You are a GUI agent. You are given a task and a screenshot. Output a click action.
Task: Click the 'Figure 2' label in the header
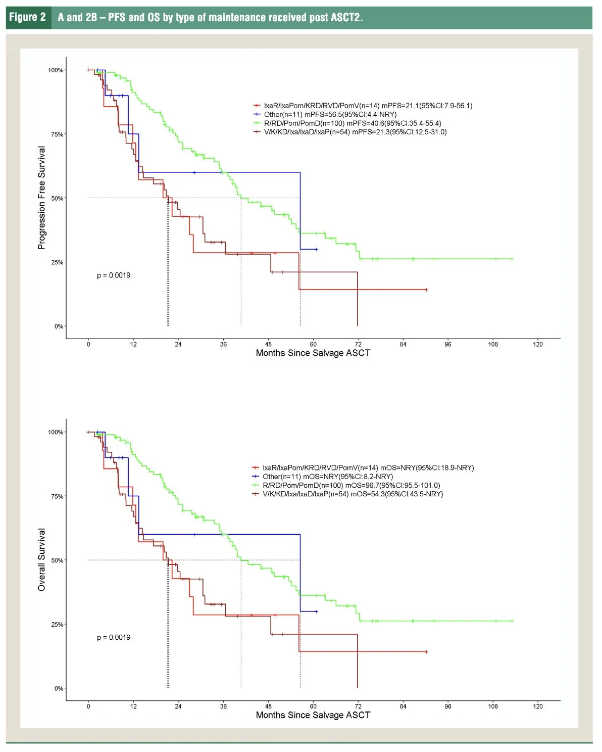[x=27, y=17]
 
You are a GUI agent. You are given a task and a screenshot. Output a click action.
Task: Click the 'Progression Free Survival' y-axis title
[x=42, y=198]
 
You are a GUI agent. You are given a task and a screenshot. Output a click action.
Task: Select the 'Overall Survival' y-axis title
[x=42, y=559]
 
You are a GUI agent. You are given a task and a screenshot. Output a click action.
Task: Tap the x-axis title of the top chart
[x=313, y=353]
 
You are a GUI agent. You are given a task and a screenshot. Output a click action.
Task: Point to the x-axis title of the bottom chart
[x=313, y=715]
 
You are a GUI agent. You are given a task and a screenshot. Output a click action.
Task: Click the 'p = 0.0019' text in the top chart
[x=114, y=275]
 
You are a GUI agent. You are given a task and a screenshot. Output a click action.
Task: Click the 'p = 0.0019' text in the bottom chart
[x=114, y=637]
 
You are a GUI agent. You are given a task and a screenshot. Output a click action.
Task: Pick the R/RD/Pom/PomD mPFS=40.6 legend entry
[x=352, y=123]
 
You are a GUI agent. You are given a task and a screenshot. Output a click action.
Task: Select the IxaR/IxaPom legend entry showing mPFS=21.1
[x=368, y=106]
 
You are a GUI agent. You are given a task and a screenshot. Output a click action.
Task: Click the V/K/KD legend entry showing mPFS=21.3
[x=355, y=132]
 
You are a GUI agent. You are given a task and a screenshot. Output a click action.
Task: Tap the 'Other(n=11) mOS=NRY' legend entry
[x=327, y=477]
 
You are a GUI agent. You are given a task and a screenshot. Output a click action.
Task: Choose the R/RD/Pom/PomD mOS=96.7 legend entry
[x=351, y=485]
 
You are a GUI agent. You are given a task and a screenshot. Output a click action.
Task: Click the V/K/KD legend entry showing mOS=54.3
[x=353, y=494]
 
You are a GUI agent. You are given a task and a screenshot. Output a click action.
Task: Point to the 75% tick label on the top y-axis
[x=57, y=134]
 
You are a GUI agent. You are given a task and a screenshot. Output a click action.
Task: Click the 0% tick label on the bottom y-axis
[x=59, y=688]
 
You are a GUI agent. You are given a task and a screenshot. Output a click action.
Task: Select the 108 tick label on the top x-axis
[x=492, y=345]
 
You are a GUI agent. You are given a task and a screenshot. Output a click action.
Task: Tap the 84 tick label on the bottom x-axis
[x=403, y=707]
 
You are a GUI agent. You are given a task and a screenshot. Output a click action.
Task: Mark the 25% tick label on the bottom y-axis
[x=57, y=625]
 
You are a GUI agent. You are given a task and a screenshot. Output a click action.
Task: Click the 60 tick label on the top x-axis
[x=313, y=345]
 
